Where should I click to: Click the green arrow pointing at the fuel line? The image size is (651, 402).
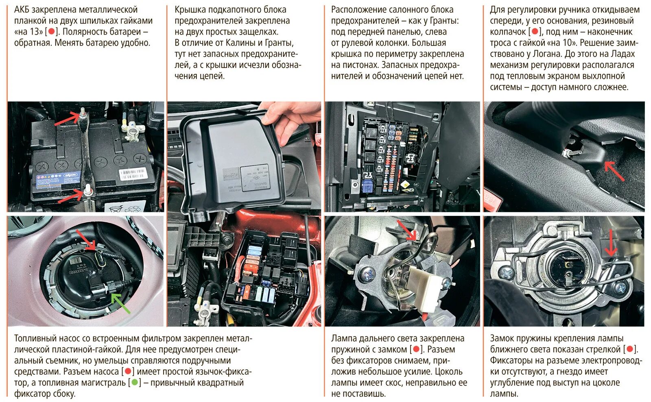pos(121,303)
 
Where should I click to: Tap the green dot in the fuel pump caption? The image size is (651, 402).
pos(135,382)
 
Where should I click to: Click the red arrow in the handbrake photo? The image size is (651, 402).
pos(614,171)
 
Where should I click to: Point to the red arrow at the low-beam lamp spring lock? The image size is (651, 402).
pos(611,243)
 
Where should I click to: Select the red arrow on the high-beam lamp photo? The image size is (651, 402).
pos(407,230)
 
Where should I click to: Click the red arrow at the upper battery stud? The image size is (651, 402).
pos(67,119)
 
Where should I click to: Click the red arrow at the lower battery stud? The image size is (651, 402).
pos(71,196)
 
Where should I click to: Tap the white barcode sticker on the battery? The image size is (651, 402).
pos(133,174)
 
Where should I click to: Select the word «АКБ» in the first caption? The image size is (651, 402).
pos(22,10)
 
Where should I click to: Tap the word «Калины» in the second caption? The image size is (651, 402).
pos(240,43)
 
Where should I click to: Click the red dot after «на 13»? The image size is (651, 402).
pos(51,31)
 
